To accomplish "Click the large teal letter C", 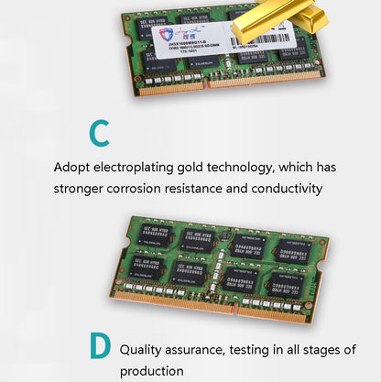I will [100, 133].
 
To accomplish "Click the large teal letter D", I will [101, 348].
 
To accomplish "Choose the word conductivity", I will [285, 189].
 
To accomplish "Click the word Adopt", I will [72, 168].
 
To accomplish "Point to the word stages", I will [326, 349].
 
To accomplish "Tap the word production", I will [152, 371].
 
